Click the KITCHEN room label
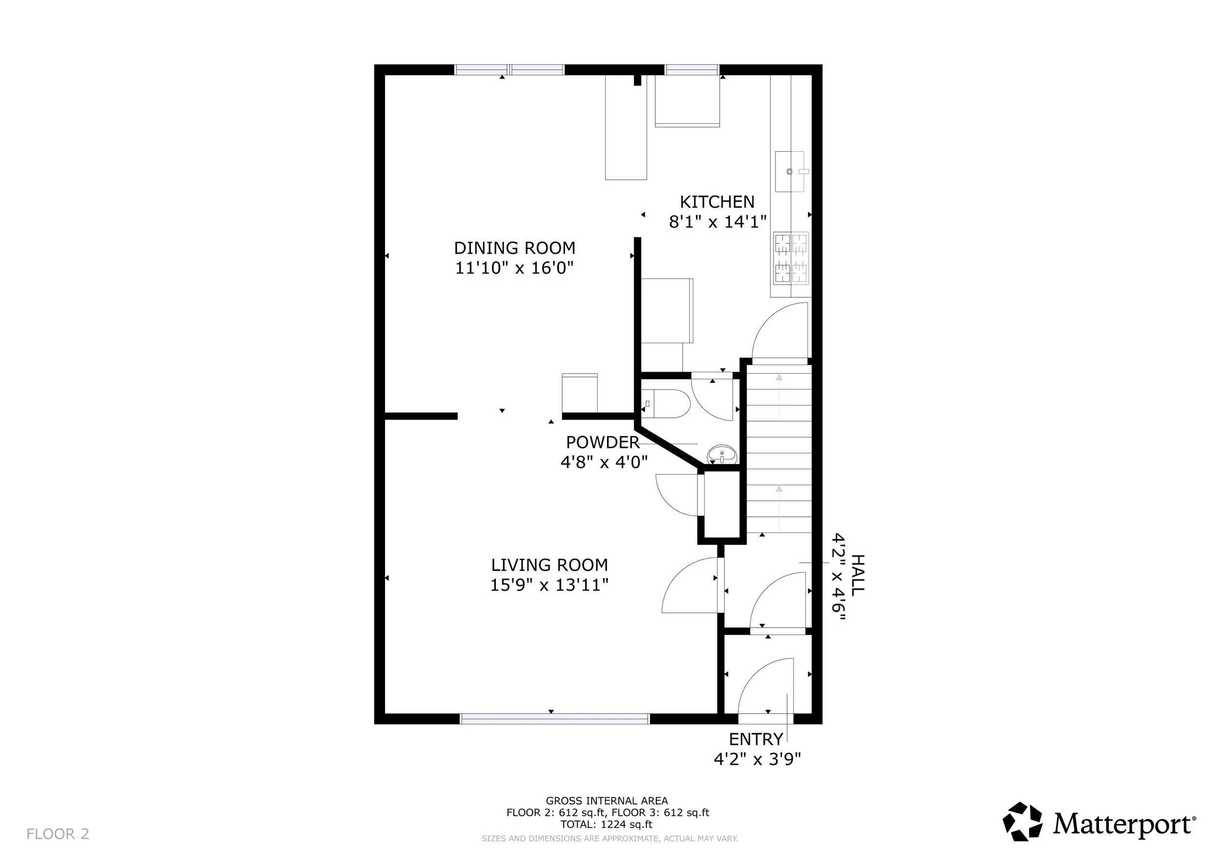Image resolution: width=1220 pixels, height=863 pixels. click(717, 202)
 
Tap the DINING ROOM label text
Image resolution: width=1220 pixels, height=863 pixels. click(514, 248)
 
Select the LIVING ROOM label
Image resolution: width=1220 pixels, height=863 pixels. click(549, 565)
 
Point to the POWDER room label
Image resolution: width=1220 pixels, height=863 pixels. click(603, 442)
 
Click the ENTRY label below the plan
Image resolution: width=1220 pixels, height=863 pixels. click(755, 739)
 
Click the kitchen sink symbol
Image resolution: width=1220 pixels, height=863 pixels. click(790, 171)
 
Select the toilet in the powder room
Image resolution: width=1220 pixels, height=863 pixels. click(665, 403)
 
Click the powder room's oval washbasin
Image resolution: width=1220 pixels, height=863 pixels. click(722, 454)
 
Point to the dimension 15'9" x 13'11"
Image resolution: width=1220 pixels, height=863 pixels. click(549, 585)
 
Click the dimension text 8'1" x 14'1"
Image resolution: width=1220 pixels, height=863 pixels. click(717, 222)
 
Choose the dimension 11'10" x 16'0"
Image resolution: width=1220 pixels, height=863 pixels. click(514, 268)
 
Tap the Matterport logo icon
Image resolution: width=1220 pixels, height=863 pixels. click(1022, 822)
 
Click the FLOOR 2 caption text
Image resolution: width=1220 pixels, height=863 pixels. click(58, 834)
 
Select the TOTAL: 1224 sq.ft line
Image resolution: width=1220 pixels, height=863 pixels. click(606, 824)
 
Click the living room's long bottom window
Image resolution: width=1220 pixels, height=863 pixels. click(554, 719)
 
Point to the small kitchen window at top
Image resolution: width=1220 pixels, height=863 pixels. click(692, 70)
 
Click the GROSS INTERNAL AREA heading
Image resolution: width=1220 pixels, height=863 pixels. click(607, 801)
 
